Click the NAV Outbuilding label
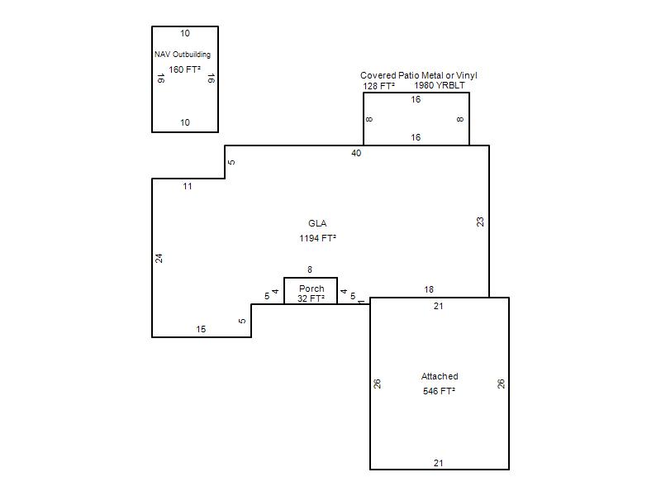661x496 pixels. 183,55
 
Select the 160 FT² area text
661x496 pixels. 184,69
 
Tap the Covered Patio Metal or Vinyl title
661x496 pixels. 419,75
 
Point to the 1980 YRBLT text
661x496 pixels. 440,85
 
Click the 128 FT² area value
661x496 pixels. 379,86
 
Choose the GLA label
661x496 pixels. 317,223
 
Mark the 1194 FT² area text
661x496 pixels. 317,238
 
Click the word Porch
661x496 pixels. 311,289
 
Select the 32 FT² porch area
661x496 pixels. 311,298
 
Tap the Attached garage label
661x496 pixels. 440,376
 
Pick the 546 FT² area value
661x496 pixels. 440,391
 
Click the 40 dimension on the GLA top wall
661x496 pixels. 356,153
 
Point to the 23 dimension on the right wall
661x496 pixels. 480,222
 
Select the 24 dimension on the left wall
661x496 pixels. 159,258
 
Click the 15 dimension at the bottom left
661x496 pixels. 201,329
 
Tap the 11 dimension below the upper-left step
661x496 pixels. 188,186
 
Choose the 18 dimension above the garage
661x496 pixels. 429,289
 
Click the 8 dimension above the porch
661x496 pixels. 310,269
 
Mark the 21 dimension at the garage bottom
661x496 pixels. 439,463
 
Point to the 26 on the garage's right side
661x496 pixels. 501,384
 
